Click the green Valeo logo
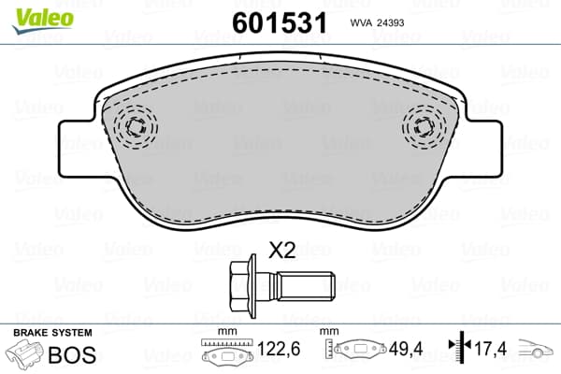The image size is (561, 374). pyautogui.click(x=43, y=21)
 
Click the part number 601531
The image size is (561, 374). pyautogui.click(x=280, y=22)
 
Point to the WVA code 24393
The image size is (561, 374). pyautogui.click(x=377, y=22)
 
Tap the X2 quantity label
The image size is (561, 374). pyautogui.click(x=282, y=251)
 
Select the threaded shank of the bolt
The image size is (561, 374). pyautogui.click(x=307, y=285)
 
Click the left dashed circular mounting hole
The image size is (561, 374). pyautogui.click(x=136, y=127)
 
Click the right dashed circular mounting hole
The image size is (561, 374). pyautogui.click(x=424, y=127)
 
